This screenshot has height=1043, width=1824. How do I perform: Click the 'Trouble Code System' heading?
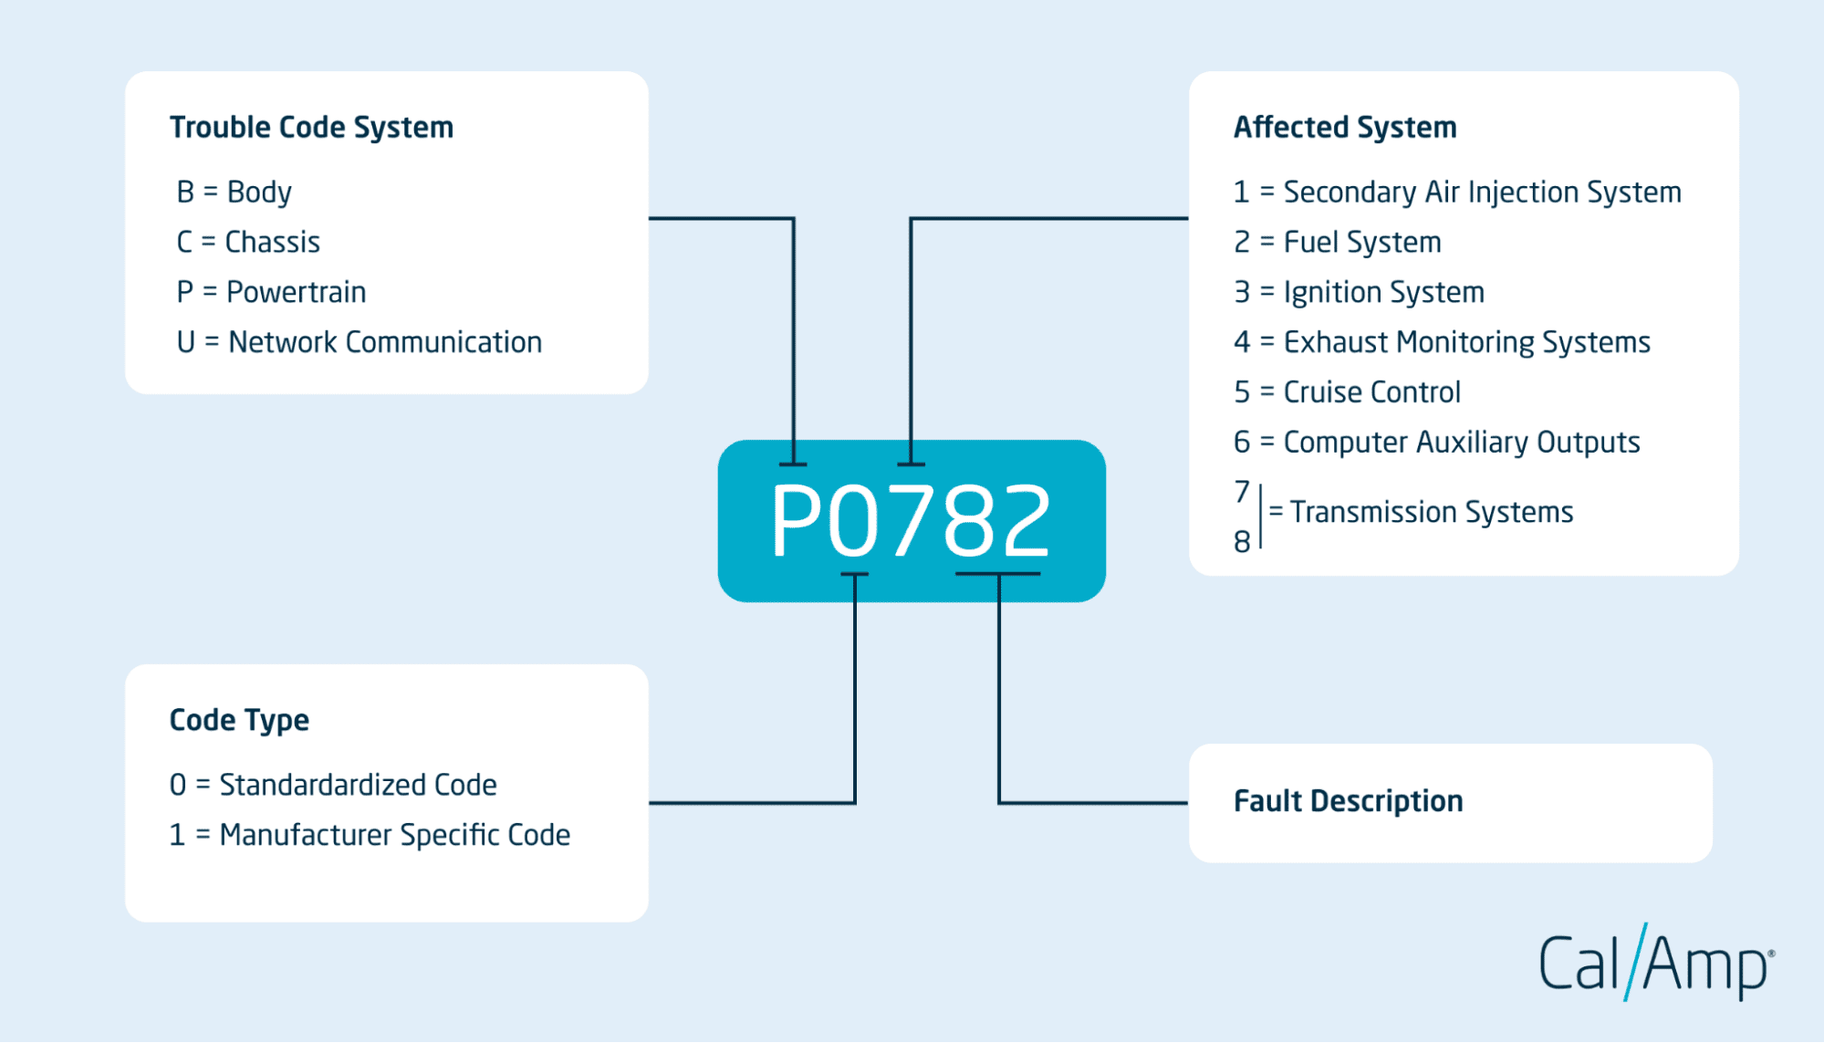click(x=311, y=128)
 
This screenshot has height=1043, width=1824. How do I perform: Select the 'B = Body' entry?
click(x=235, y=192)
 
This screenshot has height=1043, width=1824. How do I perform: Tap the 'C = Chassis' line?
click(x=248, y=242)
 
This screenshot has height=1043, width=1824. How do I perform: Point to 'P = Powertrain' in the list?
click(x=271, y=292)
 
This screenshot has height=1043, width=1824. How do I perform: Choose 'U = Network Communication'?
click(x=360, y=342)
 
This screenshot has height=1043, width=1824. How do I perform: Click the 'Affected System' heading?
click(x=1345, y=128)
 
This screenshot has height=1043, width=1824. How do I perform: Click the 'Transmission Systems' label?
click(x=1431, y=512)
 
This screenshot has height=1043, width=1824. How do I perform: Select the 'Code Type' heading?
click(x=239, y=721)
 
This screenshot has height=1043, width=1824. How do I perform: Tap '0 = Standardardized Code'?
click(x=333, y=785)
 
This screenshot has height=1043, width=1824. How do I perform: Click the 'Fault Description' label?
click(x=1349, y=801)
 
